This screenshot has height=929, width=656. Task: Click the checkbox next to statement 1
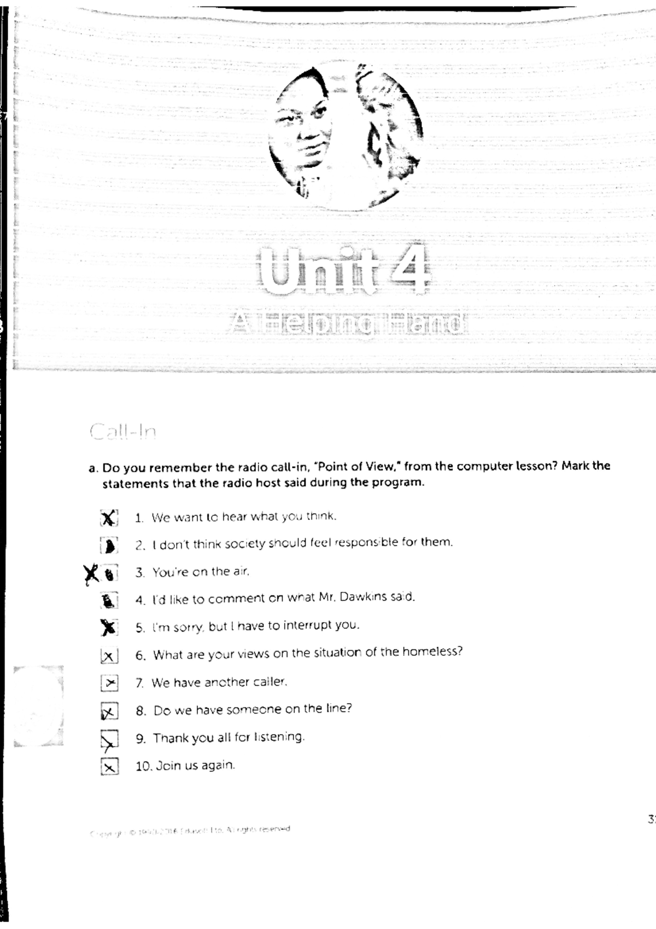(x=109, y=518)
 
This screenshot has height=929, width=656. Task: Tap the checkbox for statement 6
(x=109, y=656)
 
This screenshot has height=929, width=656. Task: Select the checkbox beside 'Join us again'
(x=109, y=767)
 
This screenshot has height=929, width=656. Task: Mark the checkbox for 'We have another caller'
(x=109, y=683)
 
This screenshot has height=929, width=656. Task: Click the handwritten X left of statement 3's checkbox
(x=92, y=573)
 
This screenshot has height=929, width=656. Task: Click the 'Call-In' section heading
(x=123, y=432)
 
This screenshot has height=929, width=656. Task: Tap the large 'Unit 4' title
(x=345, y=270)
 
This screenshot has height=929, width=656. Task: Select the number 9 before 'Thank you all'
(x=140, y=739)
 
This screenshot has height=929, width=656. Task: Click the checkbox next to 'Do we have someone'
(x=109, y=712)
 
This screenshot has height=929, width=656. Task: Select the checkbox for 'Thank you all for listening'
(x=109, y=740)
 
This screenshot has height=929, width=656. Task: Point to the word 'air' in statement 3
(x=241, y=571)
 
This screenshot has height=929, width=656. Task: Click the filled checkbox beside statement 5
(x=109, y=628)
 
